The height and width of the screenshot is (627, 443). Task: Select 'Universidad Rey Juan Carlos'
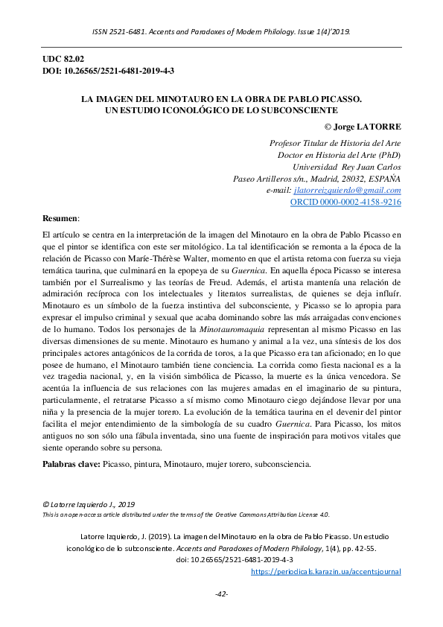347,166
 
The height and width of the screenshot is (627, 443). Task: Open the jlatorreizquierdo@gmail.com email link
348,191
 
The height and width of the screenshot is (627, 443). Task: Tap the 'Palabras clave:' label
71,464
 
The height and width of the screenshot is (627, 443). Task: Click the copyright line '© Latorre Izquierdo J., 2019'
88,504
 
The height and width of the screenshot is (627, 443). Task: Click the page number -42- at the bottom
221,593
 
